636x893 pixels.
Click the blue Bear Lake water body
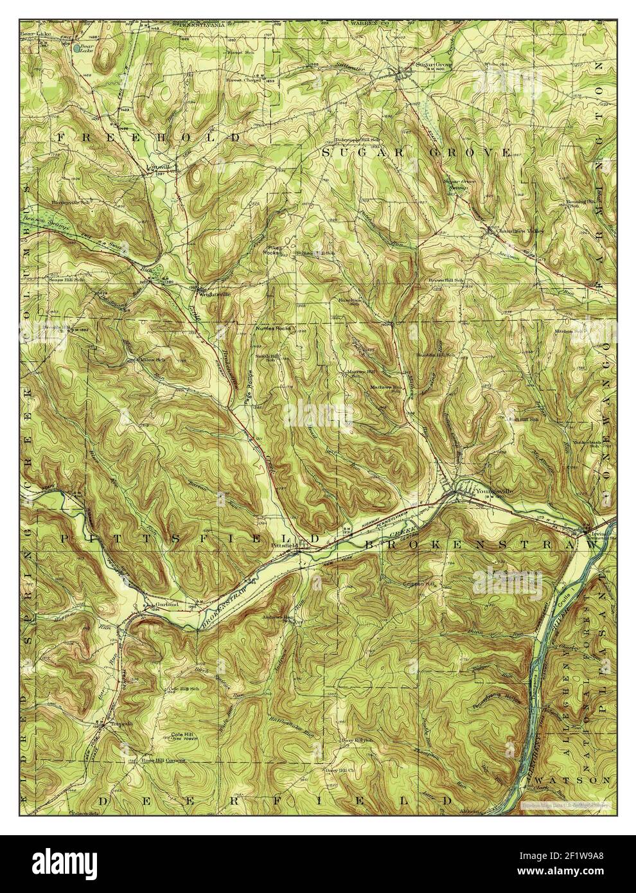click(77, 48)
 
